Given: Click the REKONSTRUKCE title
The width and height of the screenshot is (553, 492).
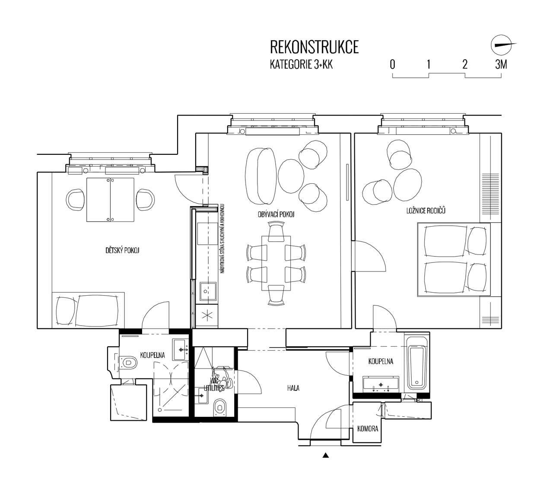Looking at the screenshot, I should click(314, 47).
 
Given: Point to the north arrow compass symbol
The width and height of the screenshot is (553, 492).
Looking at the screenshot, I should click(501, 45).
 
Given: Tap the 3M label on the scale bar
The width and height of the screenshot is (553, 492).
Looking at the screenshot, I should click(501, 65).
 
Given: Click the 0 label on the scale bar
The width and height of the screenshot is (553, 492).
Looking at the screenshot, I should click(392, 65).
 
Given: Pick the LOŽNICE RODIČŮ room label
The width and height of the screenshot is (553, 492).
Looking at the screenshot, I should click(426, 211).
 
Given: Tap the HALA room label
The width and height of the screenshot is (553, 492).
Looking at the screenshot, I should click(293, 388).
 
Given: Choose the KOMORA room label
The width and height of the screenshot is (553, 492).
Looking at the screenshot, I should click(368, 429).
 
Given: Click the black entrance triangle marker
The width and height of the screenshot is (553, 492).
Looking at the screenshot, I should click(326, 455).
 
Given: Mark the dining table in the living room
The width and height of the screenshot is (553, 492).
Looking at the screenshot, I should click(276, 263).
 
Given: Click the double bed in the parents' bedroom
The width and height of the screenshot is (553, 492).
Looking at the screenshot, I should click(454, 259).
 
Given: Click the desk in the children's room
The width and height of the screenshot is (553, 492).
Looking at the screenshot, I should click(111, 199).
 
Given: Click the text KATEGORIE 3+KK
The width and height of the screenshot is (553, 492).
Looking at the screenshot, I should click(301, 65).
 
